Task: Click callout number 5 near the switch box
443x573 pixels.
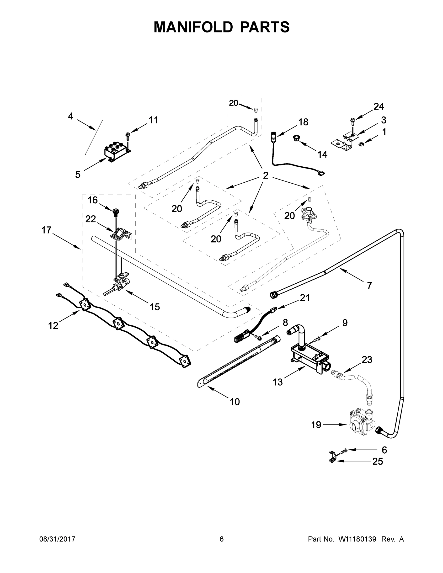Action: point(78,175)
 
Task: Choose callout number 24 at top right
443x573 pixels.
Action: point(379,106)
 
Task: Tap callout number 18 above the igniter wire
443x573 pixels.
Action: point(303,122)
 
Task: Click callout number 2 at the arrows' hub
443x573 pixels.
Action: point(266,175)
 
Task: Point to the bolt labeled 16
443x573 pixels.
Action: point(116,211)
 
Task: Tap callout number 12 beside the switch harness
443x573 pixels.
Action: point(53,326)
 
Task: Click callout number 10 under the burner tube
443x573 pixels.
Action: point(235,402)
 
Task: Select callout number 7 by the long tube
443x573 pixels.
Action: point(369,285)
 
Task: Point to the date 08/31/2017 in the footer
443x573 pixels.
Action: point(57,539)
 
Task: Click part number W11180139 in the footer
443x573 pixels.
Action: point(357,539)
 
